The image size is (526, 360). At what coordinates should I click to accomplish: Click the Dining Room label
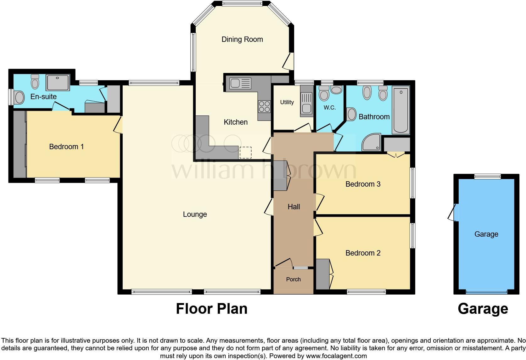tap(242, 39)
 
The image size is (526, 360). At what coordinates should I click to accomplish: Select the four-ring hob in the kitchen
tap(264, 106)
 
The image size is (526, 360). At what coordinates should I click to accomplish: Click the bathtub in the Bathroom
tap(400, 110)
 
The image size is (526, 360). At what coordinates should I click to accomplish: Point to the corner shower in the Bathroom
tap(371, 143)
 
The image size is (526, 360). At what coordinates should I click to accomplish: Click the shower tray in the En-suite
tap(58, 82)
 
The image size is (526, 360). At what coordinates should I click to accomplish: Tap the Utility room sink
tap(306, 104)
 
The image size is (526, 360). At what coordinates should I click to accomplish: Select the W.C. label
tap(330, 108)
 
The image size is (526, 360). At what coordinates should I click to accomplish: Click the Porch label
tap(293, 279)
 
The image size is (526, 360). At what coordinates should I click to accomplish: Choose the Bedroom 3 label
tap(363, 184)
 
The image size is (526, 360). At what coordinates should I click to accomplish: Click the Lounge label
tap(195, 214)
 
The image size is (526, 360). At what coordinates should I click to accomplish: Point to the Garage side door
tap(452, 212)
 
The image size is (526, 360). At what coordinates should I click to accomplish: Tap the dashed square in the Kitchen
tap(245, 152)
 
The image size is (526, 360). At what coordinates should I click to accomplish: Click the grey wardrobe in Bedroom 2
tap(322, 274)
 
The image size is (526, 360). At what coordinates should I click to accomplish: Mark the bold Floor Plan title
tap(211, 309)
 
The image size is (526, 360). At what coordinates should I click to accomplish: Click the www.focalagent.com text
tap(336, 356)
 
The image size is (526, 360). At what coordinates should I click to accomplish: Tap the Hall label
tap(294, 207)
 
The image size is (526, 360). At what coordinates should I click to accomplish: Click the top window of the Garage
tap(487, 177)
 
